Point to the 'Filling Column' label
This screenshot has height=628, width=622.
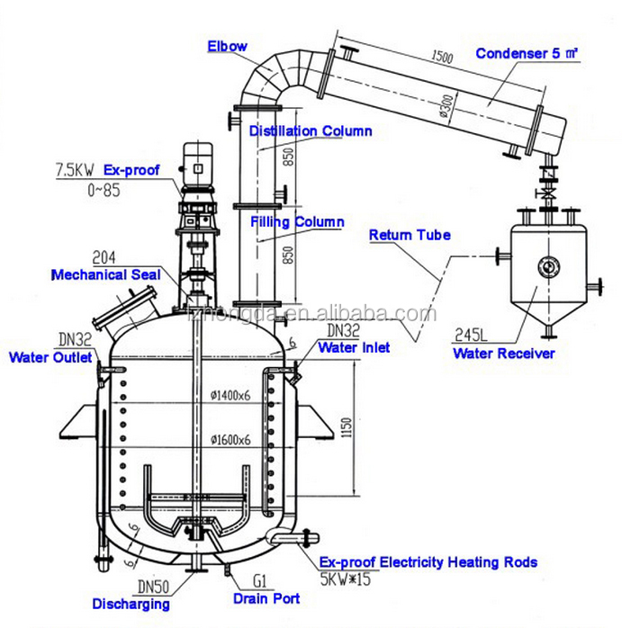tap(297, 221)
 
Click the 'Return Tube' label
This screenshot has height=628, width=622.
tap(410, 236)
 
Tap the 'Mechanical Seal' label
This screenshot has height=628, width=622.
tap(106, 274)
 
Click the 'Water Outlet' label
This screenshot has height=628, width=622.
tap(50, 358)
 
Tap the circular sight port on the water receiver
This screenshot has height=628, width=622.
tap(545, 265)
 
